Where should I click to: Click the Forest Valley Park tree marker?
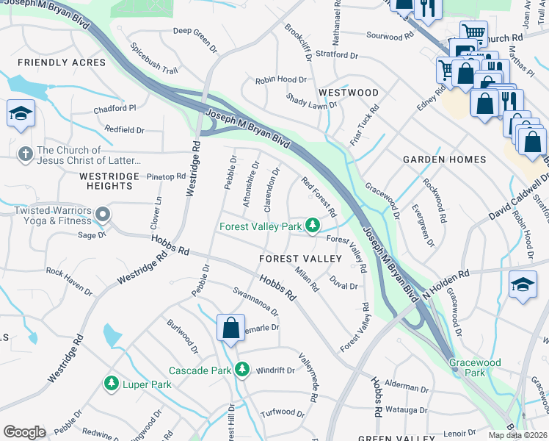coord(313,226)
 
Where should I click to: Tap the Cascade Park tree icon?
coord(241,370)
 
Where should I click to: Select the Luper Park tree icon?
coord(111,384)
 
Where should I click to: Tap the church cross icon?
coord(25,154)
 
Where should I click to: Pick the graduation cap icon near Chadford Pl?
coord(21,113)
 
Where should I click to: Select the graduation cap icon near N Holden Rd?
coord(523,284)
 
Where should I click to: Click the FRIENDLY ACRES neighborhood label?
coord(62,62)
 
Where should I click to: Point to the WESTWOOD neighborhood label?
coord(349,93)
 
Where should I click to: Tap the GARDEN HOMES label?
coord(444,159)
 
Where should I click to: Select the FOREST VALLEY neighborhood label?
coord(300,259)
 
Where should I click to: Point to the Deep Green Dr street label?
coord(196,36)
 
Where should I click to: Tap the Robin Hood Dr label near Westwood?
coord(280,79)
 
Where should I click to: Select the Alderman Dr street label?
coord(405,387)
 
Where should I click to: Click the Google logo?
coord(24,431)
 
